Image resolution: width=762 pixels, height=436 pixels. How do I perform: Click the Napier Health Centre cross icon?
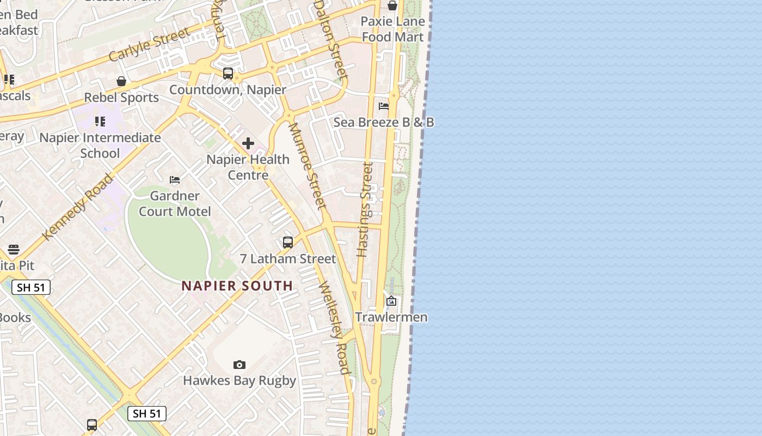click(x=248, y=143)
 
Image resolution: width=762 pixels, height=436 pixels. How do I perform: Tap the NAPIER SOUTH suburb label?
click(x=237, y=286)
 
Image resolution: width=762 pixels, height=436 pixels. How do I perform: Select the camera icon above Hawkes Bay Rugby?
click(x=239, y=365)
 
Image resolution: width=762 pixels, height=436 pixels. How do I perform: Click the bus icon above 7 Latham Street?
click(x=288, y=243)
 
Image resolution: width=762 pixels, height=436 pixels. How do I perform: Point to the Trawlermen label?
click(x=391, y=317)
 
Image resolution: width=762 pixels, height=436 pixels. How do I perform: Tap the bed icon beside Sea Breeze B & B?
click(x=384, y=106)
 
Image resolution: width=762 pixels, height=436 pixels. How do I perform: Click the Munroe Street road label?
click(x=308, y=166)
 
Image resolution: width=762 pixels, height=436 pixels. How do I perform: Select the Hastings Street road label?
click(x=365, y=209)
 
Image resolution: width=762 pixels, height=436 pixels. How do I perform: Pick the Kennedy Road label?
click(x=78, y=207)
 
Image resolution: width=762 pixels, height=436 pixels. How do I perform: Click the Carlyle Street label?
click(x=150, y=44)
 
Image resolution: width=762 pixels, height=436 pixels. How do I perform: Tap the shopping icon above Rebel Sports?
click(x=121, y=81)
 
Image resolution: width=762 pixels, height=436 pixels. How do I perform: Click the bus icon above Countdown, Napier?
click(x=228, y=74)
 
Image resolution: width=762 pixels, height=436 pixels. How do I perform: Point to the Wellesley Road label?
click(x=334, y=328)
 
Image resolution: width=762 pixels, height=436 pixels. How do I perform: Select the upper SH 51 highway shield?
click(x=30, y=287)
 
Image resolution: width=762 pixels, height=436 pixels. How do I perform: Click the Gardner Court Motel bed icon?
click(x=175, y=180)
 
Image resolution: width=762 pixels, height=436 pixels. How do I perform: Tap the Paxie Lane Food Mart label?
click(x=392, y=29)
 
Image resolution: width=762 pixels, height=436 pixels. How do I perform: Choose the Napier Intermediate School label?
click(x=100, y=145)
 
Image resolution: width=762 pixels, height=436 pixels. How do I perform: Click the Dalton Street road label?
click(x=330, y=39)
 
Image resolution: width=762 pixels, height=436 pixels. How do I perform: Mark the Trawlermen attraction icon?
click(x=391, y=301)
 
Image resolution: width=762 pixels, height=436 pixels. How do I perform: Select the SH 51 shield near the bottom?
click(x=147, y=414)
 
